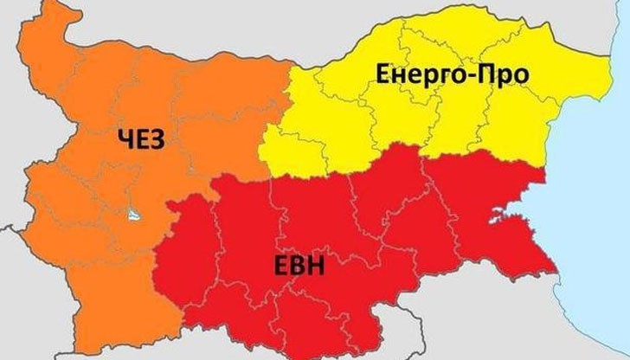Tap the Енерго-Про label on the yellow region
453,77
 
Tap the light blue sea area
597,216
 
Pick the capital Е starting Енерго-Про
386,76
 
